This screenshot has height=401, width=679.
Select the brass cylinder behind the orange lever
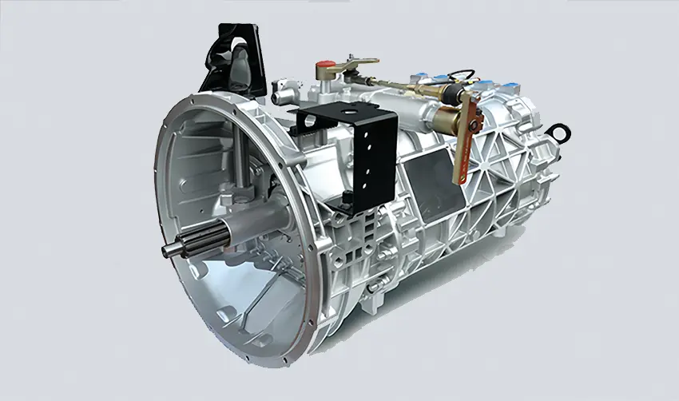click(x=447, y=121)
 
